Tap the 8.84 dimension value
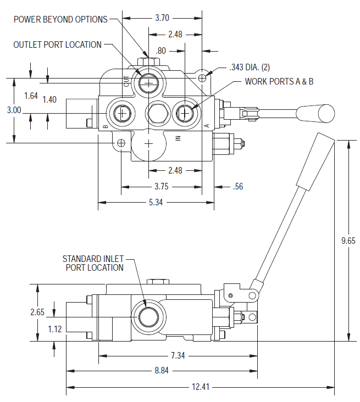point(161,371)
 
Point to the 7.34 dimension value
point(177,356)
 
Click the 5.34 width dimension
point(156,202)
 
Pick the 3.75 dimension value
point(161,187)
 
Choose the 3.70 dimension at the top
point(162,18)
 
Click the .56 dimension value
point(237,187)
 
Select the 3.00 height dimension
point(14,110)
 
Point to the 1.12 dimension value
point(54,329)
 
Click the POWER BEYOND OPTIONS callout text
point(60,19)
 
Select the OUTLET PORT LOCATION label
point(57,44)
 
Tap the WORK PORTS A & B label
point(279,81)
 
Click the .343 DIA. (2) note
point(250,68)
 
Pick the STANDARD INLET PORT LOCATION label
point(93,263)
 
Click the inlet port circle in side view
point(148,317)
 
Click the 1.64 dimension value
point(31,96)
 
